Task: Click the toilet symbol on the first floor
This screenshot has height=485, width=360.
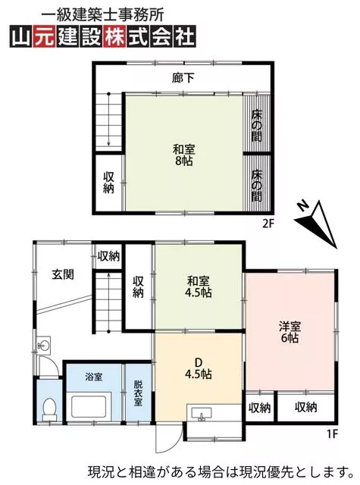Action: [x=49, y=409]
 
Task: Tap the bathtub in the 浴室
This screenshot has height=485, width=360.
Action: [x=89, y=406]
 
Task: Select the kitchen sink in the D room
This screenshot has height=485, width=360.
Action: [x=202, y=414]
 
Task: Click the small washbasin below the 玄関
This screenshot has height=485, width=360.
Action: [x=44, y=345]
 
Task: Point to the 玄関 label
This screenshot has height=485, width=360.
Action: [x=63, y=274]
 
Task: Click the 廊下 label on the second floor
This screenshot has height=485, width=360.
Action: [x=183, y=77]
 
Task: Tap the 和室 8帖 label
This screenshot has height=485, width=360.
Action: [x=183, y=155]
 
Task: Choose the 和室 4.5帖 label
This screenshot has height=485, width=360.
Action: [x=199, y=286]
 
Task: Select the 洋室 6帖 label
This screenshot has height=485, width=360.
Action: [x=290, y=332]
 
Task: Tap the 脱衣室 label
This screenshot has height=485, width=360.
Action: [x=138, y=393]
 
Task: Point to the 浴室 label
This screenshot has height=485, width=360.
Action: [x=93, y=377]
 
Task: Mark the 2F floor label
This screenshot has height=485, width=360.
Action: [x=268, y=224]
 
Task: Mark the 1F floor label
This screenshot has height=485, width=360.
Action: [x=332, y=434]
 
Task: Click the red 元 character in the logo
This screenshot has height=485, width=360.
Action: [x=45, y=36]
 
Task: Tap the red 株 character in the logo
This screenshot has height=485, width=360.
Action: [x=115, y=36]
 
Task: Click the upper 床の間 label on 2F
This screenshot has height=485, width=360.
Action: [x=257, y=126]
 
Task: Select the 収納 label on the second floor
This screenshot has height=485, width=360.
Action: [x=108, y=183]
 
